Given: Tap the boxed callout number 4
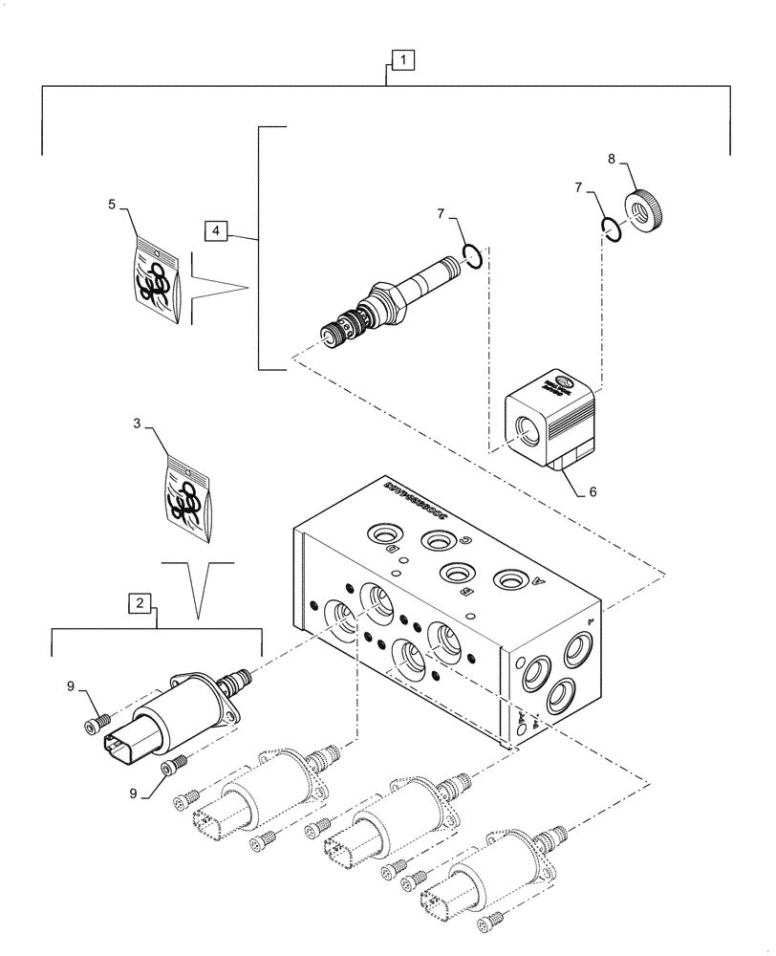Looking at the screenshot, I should pos(216,231).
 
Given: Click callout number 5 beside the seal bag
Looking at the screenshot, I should pos(112,204).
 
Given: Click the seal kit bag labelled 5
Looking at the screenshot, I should pos(156,277).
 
